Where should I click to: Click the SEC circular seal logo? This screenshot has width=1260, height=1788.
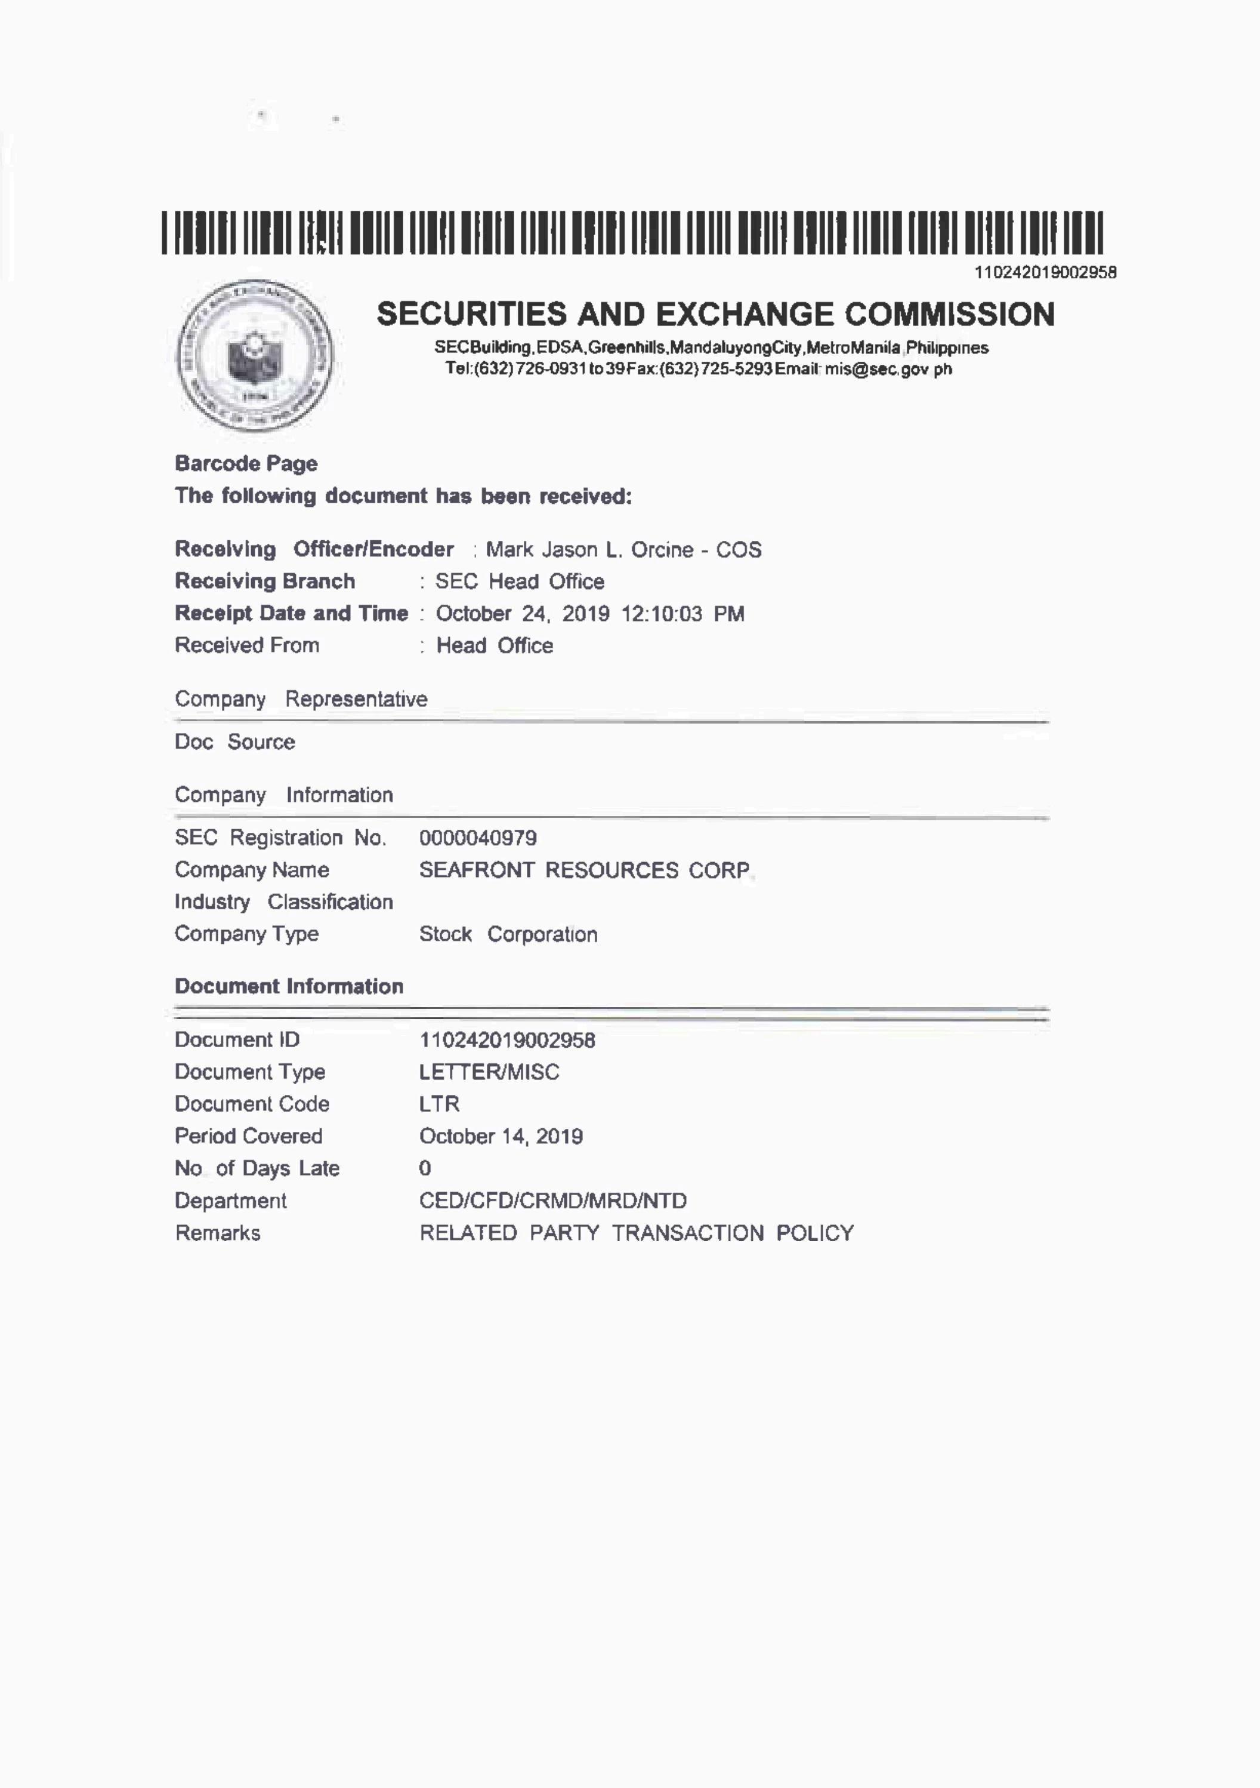pyautogui.click(x=255, y=355)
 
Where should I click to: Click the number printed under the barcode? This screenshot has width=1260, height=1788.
pyautogui.click(x=1045, y=273)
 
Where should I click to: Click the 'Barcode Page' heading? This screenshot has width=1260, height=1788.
pyautogui.click(x=246, y=463)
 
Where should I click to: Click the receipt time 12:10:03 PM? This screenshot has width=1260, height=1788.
pyautogui.click(x=682, y=614)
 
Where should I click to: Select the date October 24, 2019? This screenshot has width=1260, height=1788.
pyautogui.click(x=522, y=614)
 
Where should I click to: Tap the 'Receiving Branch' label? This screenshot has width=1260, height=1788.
pyautogui.click(x=265, y=581)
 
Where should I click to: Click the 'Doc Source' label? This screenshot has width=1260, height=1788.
pyautogui.click(x=234, y=742)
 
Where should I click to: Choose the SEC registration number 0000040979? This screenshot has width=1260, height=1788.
pyautogui.click(x=478, y=838)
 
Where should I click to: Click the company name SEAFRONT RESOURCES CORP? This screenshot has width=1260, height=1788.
pyautogui.click(x=585, y=870)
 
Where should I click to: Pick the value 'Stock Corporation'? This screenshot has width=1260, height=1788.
pyautogui.click(x=508, y=934)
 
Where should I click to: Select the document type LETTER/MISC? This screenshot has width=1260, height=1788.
pyautogui.click(x=489, y=1072)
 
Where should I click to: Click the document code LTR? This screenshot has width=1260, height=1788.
pyautogui.click(x=439, y=1104)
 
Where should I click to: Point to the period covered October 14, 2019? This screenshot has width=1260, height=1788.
pyautogui.click(x=501, y=1136)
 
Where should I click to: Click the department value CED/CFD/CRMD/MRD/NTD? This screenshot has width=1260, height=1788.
pyautogui.click(x=552, y=1201)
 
